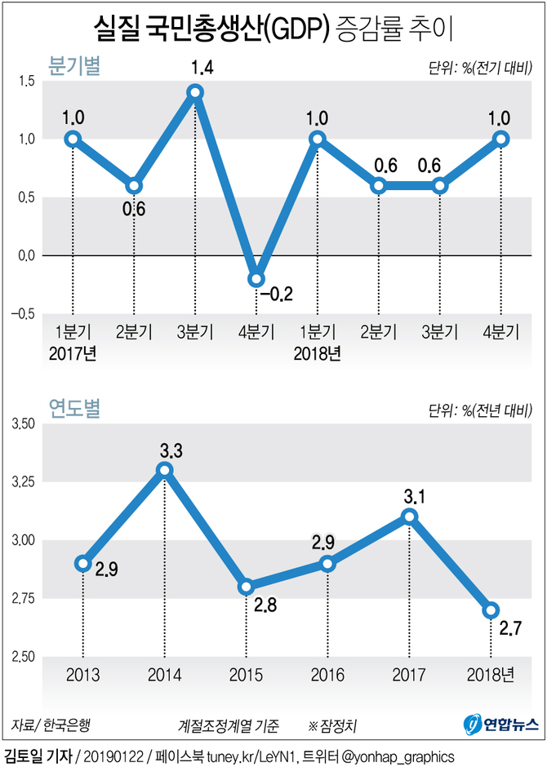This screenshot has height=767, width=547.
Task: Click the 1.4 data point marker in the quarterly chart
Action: click(x=195, y=92)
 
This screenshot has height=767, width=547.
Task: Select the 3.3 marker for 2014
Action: click(x=164, y=470)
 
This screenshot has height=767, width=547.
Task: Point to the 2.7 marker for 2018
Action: click(x=491, y=610)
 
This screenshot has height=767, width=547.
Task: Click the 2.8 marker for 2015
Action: click(x=246, y=586)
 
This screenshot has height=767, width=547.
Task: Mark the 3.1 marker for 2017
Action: click(x=409, y=517)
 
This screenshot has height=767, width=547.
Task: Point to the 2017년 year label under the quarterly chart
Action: click(x=73, y=352)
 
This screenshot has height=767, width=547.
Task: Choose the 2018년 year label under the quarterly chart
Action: click(x=318, y=352)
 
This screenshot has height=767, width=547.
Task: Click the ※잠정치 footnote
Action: click(x=337, y=724)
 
